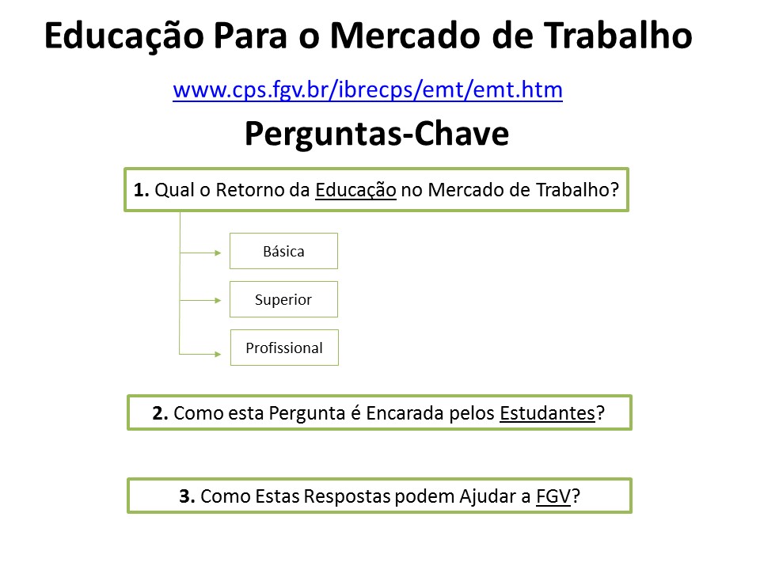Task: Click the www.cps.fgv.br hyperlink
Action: pos(367,90)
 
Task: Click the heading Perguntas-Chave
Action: pos(377,133)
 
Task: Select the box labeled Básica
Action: pos(283,251)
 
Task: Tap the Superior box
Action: pos(283,299)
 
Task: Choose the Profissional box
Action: pos(284,348)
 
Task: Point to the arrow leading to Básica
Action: pos(200,253)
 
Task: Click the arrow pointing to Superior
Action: pos(200,301)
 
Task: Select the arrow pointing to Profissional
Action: pos(200,355)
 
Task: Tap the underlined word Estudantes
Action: pos(547,413)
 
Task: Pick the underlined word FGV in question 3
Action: pos(553,496)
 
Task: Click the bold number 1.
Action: pos(141,190)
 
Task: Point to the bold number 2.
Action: pos(160,413)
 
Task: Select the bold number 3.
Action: pos(187,496)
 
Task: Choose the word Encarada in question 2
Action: pos(405,413)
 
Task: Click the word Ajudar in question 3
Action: pos(488,497)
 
